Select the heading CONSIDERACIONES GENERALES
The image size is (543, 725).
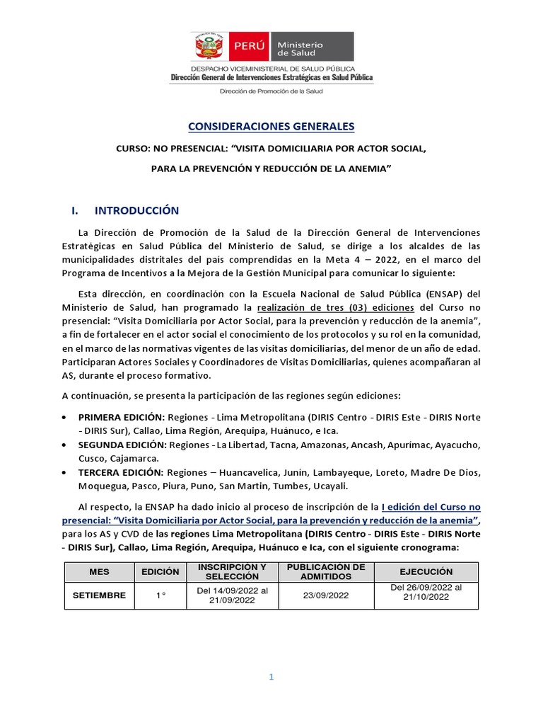[x=271, y=127]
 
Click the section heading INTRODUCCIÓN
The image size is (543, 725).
[x=136, y=210]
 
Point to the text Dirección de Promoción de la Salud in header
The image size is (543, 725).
[x=271, y=91]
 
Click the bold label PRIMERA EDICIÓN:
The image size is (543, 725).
[x=122, y=418]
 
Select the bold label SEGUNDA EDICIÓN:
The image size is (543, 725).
[x=122, y=444]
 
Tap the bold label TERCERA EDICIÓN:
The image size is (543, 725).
[x=121, y=472]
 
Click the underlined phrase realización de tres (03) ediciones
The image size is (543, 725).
[x=338, y=308]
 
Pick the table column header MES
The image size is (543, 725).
[x=100, y=571]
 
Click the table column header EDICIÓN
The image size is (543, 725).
[x=160, y=571]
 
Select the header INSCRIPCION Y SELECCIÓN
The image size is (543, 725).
[x=232, y=571]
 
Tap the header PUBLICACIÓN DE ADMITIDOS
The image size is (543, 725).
[x=325, y=571]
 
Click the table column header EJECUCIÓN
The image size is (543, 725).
[x=426, y=571]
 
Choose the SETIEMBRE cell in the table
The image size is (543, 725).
[x=100, y=595]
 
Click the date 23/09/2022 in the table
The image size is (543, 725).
[x=325, y=596]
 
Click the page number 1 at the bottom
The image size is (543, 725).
[x=271, y=677]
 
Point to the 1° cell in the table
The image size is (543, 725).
[x=160, y=596]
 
